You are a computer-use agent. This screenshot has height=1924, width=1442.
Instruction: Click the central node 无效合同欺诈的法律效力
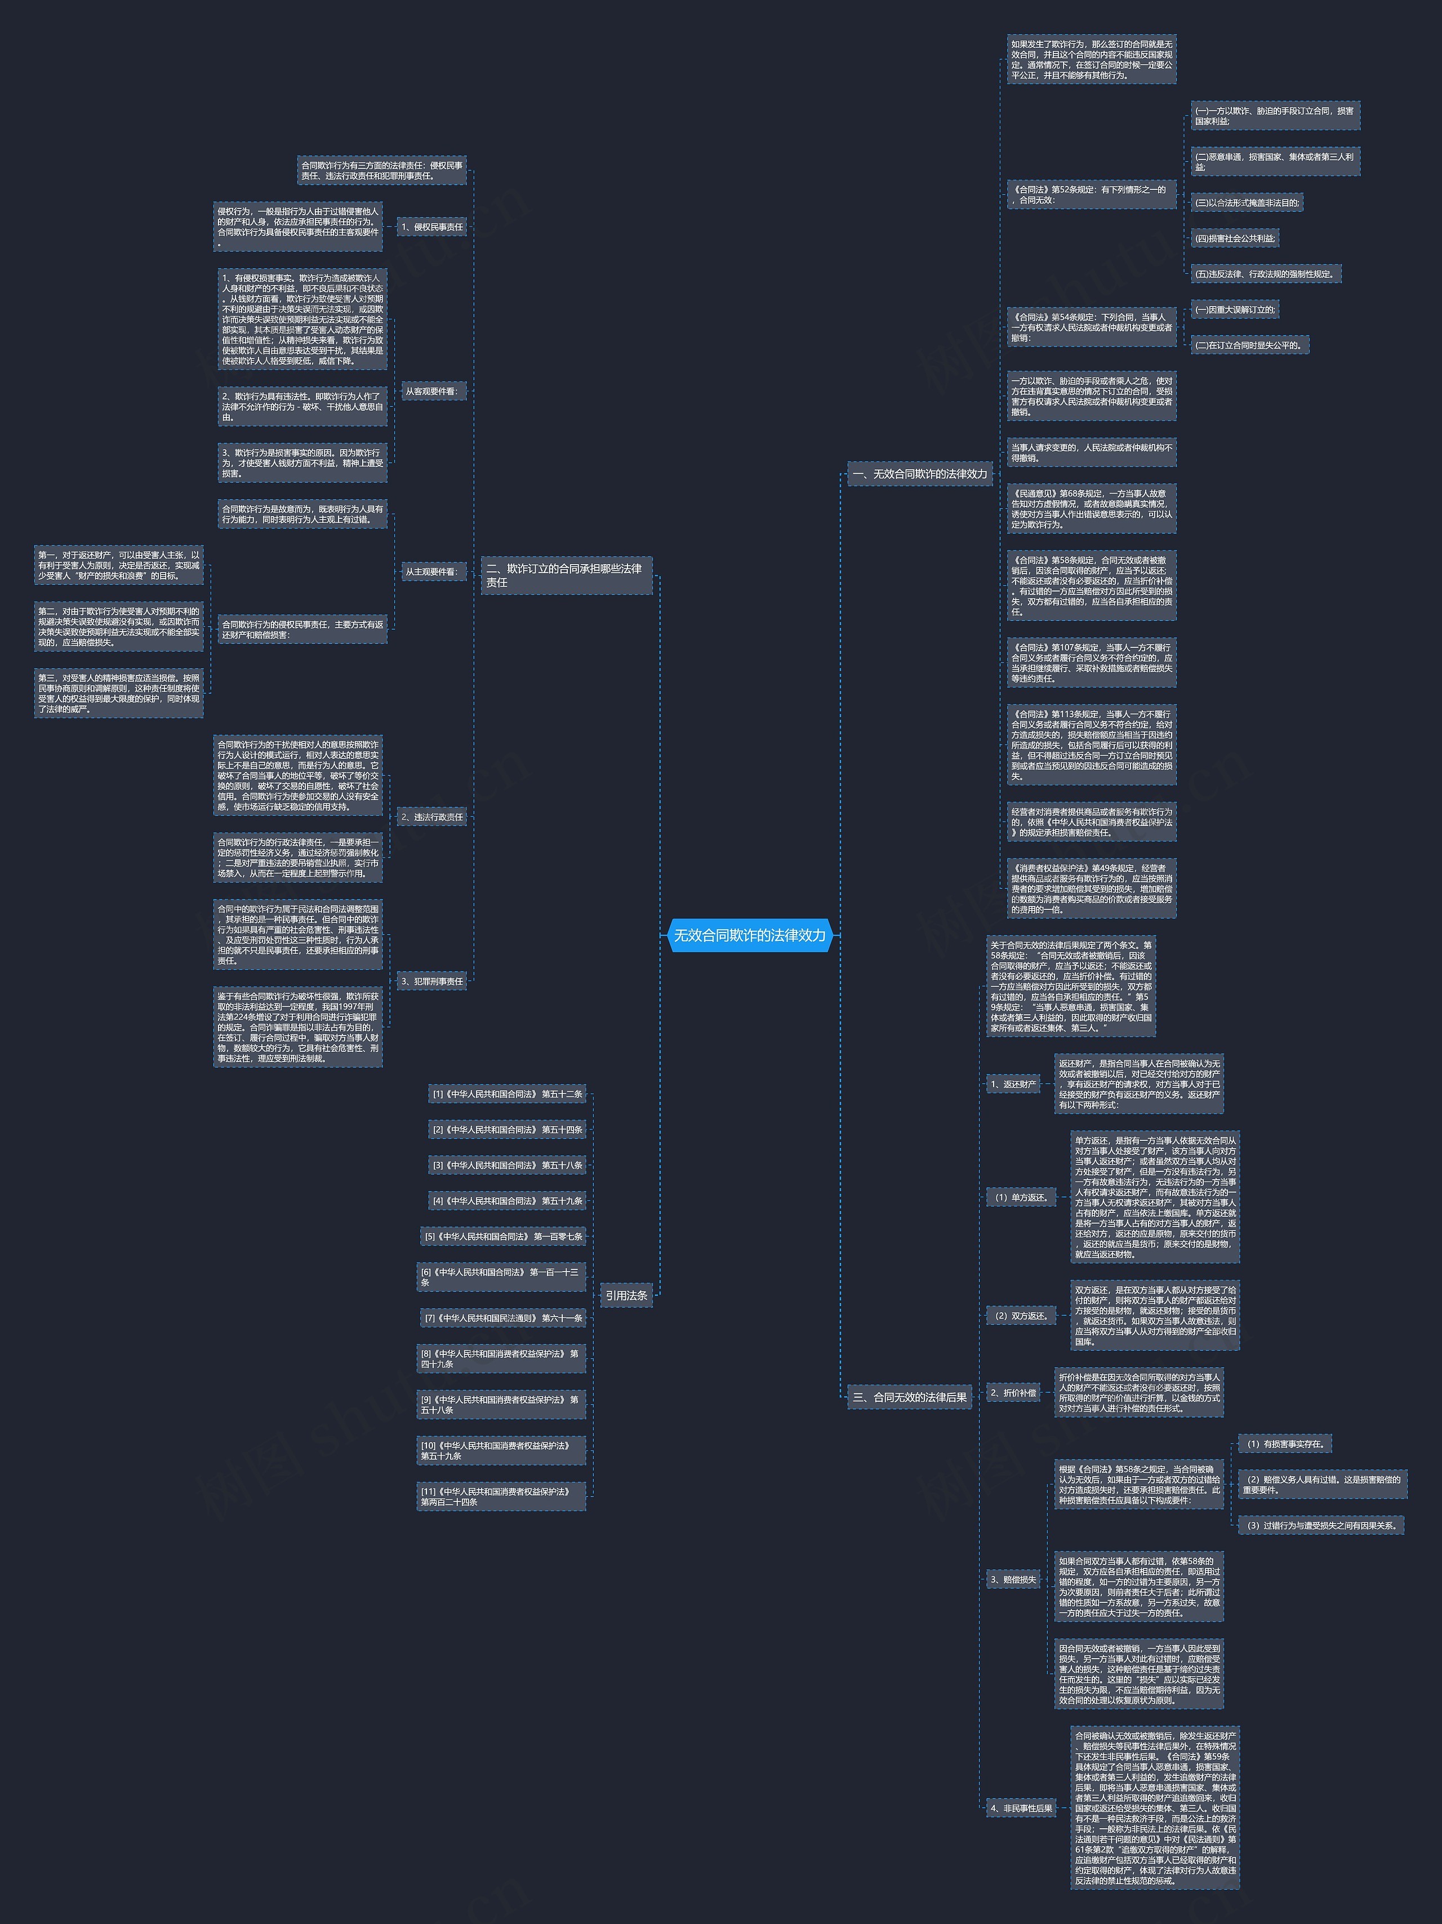point(750,935)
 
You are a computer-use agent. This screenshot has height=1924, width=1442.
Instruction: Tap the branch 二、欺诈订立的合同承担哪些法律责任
point(566,575)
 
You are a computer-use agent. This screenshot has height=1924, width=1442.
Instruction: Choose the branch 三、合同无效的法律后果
point(909,1397)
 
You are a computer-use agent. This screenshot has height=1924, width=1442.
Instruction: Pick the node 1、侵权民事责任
point(431,227)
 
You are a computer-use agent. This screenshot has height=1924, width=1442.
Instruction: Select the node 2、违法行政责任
point(431,817)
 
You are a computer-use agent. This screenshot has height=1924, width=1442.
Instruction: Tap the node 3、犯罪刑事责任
point(431,981)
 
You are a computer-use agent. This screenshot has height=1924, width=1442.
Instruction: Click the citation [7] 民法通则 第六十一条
point(502,1318)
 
